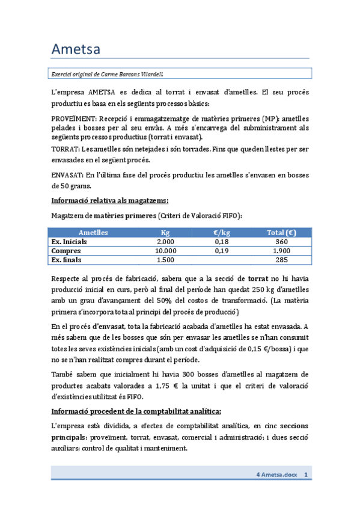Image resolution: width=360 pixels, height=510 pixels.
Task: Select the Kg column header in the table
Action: [165, 233]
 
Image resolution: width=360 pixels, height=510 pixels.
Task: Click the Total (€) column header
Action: [281, 233]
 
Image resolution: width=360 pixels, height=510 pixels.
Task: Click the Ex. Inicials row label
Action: [69, 242]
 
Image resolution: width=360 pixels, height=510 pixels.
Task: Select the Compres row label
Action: [66, 251]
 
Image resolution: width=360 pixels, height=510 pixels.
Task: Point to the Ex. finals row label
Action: [66, 260]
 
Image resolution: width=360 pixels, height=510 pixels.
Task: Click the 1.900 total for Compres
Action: [281, 251]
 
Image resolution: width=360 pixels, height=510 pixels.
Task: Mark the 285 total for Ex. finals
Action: [281, 260]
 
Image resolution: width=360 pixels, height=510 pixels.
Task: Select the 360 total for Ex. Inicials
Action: [281, 242]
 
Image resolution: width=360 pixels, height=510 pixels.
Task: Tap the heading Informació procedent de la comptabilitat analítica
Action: [136, 411]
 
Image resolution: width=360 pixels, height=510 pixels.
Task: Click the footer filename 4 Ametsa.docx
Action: [277, 475]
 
